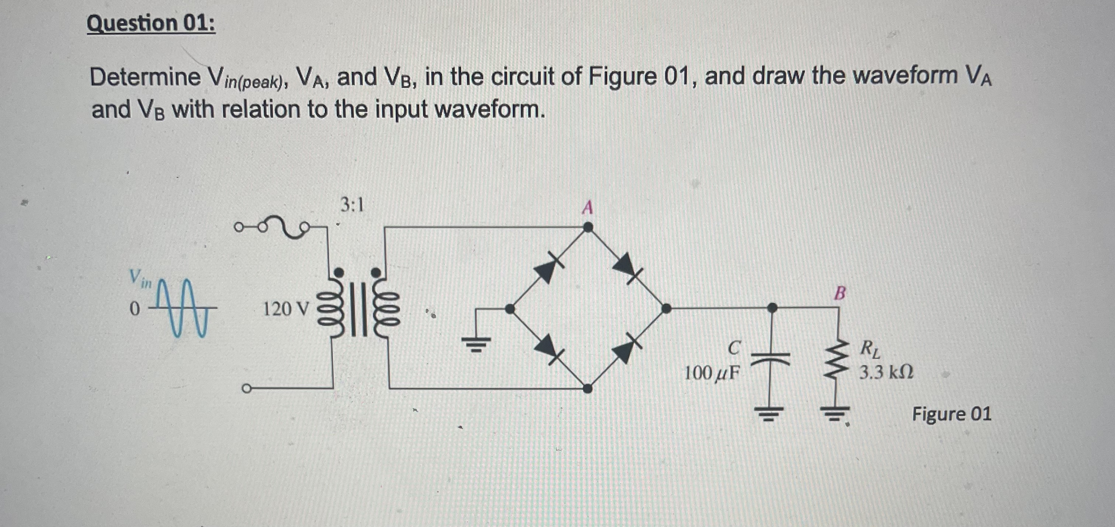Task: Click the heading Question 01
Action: click(151, 23)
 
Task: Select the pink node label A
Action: click(587, 208)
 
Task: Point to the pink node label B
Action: click(839, 293)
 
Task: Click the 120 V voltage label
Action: click(286, 309)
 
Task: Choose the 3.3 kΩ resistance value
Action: click(886, 372)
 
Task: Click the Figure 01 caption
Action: click(951, 414)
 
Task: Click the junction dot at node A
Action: click(587, 227)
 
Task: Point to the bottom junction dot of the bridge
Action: click(587, 388)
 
